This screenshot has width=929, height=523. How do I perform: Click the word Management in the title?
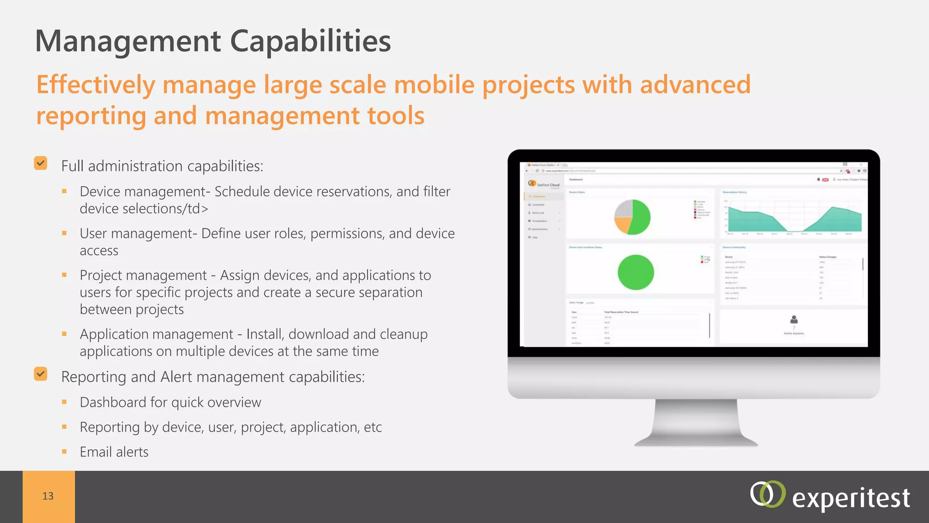click(128, 41)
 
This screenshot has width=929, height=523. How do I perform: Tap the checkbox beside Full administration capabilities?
click(40, 163)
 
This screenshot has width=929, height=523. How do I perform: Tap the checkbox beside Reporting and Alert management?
click(40, 374)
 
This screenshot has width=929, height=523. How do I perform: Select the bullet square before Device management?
click(64, 192)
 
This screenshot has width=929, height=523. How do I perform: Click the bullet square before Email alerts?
click(64, 452)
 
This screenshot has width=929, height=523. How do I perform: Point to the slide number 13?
click(48, 496)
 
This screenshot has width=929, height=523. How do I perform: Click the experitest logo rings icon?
click(767, 494)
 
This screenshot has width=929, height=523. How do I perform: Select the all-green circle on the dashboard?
click(636, 272)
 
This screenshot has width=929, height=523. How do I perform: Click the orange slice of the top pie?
click(622, 224)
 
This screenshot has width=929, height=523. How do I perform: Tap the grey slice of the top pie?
click(624, 209)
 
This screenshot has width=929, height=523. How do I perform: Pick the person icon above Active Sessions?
click(794, 320)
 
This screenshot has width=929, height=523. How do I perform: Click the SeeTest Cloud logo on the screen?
click(543, 184)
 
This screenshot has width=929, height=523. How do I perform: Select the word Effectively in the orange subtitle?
click(96, 85)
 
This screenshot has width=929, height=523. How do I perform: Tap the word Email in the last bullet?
click(96, 452)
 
